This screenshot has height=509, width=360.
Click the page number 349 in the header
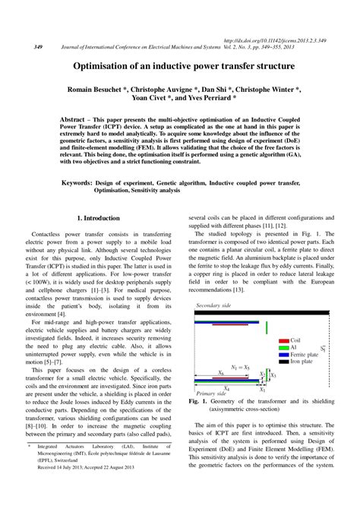coord(37,46)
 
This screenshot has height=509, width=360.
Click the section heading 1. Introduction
coord(99,218)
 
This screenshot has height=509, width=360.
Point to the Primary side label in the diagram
coord(211,395)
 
